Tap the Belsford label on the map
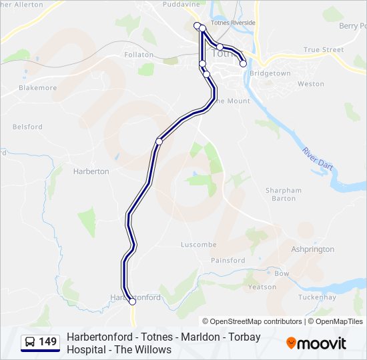pyautogui.click(x=27, y=127)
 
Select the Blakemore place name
pyautogui.click(x=38, y=87)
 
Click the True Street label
pyautogui.click(x=324, y=49)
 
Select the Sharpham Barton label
pyautogui.click(x=284, y=194)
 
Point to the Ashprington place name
pyautogui.click(x=312, y=249)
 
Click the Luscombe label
pyautogui.click(x=199, y=245)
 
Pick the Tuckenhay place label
pyautogui.click(x=316, y=297)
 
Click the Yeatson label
pyautogui.click(x=262, y=287)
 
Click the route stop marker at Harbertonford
pyautogui.click(x=132, y=301)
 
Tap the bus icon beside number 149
pyautogui.click(x=31, y=342)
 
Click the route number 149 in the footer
pyautogui.click(x=48, y=342)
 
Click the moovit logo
pyautogui.click(x=316, y=343)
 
